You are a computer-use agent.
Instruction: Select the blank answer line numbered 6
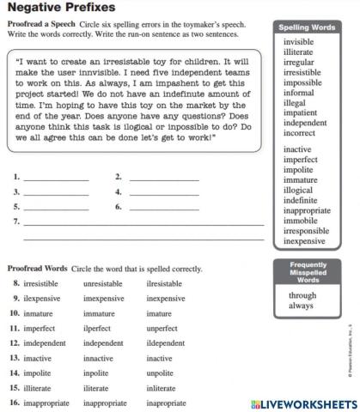pyautogui.click(x=163, y=209)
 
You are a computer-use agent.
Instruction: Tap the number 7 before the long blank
pyautogui.click(x=16, y=221)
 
